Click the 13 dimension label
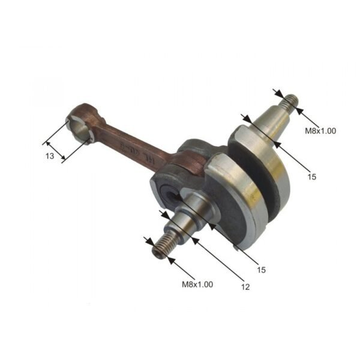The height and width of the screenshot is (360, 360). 50,156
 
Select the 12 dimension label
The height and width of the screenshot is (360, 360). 245,287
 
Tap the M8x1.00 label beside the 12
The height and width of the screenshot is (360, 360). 197,284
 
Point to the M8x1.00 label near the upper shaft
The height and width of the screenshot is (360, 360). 320,130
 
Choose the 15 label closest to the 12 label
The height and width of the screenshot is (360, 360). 261,269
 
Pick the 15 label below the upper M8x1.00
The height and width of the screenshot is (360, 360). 311,177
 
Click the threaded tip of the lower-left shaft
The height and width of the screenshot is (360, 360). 160,249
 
